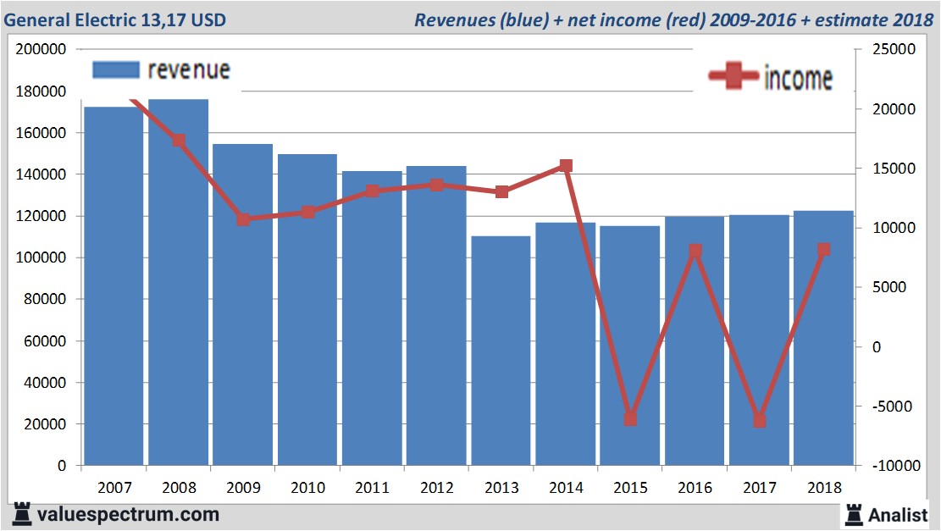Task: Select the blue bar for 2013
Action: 501,351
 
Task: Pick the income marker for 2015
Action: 630,418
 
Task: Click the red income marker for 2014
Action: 566,166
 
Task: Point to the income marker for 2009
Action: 243,219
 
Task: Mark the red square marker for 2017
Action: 760,420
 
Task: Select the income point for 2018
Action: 823,250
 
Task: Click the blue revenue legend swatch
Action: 115,70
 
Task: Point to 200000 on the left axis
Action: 42,49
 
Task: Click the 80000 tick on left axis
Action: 45,299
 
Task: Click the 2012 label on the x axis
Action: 436,488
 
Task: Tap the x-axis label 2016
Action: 695,488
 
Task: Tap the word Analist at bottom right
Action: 899,514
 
